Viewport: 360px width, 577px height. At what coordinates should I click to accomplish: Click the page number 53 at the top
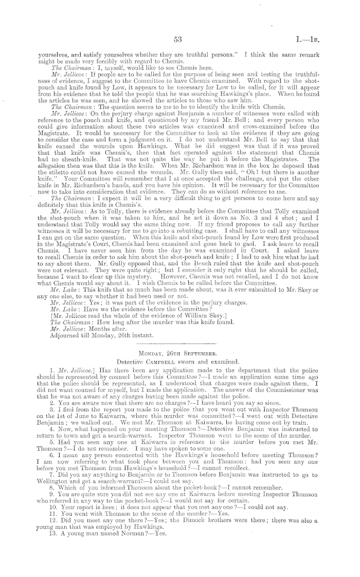pos(179,39)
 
